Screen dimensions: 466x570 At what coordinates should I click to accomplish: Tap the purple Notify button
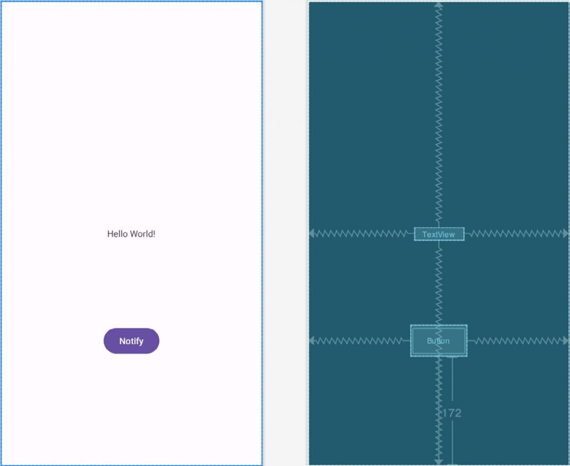coord(131,341)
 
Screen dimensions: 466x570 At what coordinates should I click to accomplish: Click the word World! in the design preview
coord(142,234)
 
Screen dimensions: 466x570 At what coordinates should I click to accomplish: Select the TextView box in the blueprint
coord(439,234)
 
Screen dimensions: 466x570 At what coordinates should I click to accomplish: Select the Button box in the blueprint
coord(438,341)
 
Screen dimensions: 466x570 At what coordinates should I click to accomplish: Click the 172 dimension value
coord(452,413)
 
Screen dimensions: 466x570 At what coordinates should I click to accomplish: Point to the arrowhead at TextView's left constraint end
coord(312,233)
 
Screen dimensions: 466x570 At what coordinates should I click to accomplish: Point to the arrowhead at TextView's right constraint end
coord(566,233)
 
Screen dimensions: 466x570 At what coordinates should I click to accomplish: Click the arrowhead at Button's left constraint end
coord(312,340)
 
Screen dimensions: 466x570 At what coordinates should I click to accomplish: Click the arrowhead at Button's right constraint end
coord(566,340)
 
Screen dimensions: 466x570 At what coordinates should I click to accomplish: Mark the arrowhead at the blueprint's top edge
coord(439,5)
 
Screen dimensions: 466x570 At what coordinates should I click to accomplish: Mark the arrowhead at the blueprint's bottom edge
coord(439,461)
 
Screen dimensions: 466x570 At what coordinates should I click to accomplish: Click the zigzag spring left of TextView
coord(362,234)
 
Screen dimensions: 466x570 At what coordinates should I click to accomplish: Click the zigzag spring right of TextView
coord(515,234)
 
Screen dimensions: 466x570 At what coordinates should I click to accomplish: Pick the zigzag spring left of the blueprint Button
coord(359,340)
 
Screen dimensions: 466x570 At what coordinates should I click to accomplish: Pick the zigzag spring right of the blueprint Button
coord(518,340)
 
